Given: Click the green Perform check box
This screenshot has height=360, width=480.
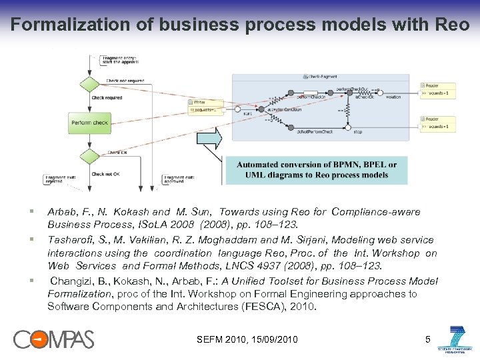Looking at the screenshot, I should tap(89, 122).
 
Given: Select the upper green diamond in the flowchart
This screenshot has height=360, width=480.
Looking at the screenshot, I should tap(89, 85).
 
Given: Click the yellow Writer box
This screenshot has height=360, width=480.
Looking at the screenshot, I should tap(205, 105).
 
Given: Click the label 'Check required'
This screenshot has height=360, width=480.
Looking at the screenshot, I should tap(107, 98).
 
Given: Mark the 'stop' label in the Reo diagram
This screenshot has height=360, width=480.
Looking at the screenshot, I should tap(357, 132).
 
